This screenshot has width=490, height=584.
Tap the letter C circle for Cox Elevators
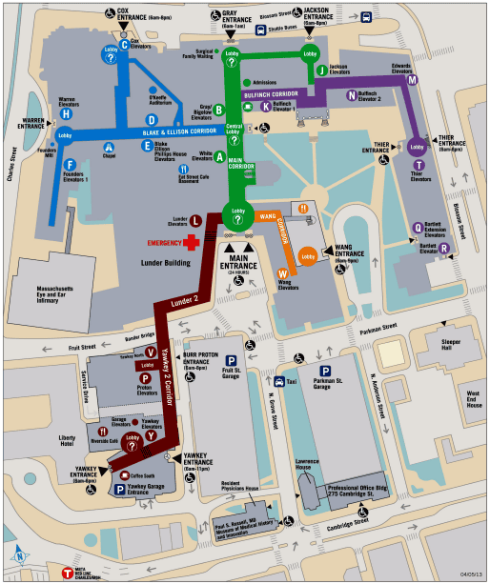click(124, 45)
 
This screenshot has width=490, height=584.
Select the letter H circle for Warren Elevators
click(66, 113)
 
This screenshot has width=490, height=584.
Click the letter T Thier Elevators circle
click(416, 165)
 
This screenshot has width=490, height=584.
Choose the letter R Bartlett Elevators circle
click(444, 249)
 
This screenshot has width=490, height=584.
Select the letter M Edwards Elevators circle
click(413, 80)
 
